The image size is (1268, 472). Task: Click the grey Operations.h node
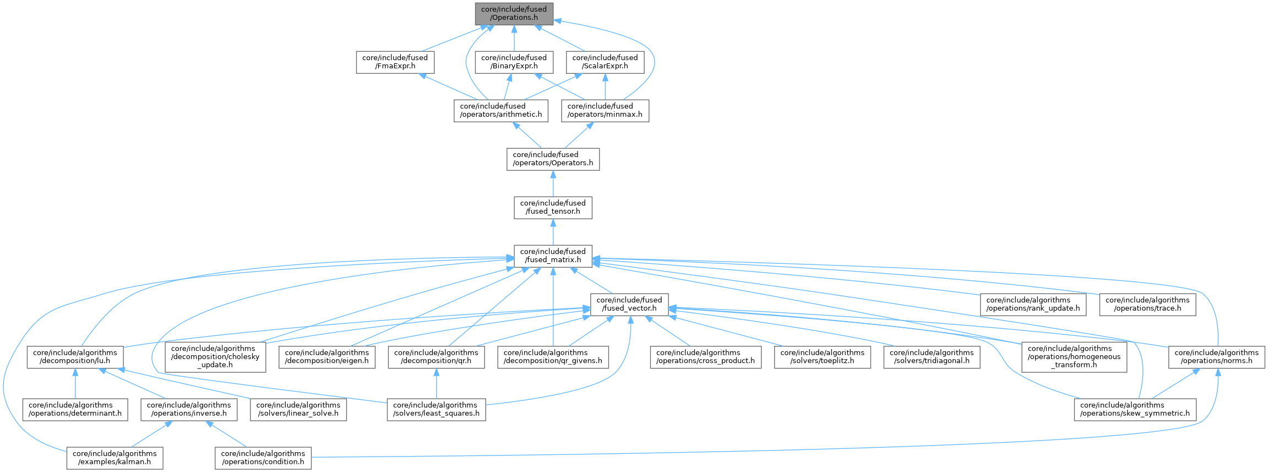[x=514, y=13]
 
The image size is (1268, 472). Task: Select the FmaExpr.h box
[x=395, y=62]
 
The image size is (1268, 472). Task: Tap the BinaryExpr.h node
[x=514, y=62]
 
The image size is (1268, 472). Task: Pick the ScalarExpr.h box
[x=605, y=62]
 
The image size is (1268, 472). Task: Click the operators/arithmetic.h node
[x=500, y=110]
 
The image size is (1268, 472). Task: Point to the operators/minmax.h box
[x=605, y=110]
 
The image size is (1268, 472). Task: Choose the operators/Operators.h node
[x=553, y=159]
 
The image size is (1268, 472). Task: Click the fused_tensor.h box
[x=553, y=207]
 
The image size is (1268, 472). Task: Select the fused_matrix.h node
[x=553, y=256]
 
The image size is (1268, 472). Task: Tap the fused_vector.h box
[x=629, y=304]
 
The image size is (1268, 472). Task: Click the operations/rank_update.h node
[x=1033, y=304]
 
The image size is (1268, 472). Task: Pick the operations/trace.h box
[x=1147, y=304]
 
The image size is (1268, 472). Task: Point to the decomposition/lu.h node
[x=75, y=357]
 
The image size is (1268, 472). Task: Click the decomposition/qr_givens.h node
[x=553, y=357]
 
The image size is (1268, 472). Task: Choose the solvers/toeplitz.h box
[x=822, y=357]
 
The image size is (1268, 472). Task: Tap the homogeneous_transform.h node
[x=1074, y=356]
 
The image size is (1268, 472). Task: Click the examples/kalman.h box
[x=115, y=458]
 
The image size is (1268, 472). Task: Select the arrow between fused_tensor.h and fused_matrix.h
[x=553, y=232]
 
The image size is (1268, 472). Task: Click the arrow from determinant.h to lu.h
[x=75, y=384]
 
